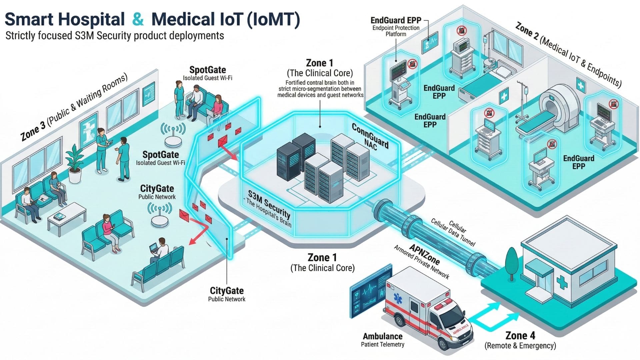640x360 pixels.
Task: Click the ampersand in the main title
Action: click(x=138, y=19)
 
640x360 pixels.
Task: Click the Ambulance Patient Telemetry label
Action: click(x=383, y=340)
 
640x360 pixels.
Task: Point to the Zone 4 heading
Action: click(x=520, y=335)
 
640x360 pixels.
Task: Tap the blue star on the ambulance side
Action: click(x=397, y=298)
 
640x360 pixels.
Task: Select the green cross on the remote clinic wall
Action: click(x=563, y=283)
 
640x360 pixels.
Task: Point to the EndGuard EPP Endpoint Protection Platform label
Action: click(x=396, y=26)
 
